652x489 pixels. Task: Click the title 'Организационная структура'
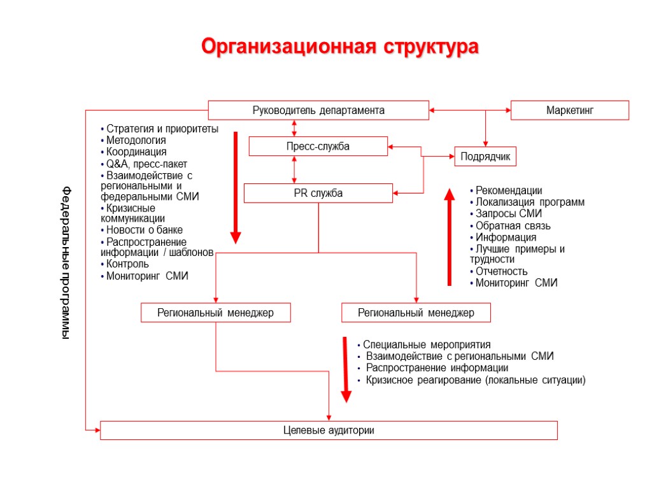pos(339,47)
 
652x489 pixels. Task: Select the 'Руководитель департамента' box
pos(318,110)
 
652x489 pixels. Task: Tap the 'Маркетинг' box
pos(570,110)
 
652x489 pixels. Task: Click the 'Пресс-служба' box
pos(318,146)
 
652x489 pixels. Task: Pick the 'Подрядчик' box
pos(485,157)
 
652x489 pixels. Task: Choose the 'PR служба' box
pos(318,193)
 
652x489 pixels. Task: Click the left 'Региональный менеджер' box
pos(215,313)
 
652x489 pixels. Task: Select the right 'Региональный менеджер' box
pos(416,313)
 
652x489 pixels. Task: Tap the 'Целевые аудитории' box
pos(329,430)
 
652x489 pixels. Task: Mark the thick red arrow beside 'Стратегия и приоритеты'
pos(236,188)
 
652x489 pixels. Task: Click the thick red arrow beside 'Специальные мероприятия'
pos(346,369)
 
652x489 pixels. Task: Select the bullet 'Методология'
pos(136,140)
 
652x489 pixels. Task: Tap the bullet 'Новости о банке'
pos(145,230)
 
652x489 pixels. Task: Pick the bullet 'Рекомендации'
pos(509,190)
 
